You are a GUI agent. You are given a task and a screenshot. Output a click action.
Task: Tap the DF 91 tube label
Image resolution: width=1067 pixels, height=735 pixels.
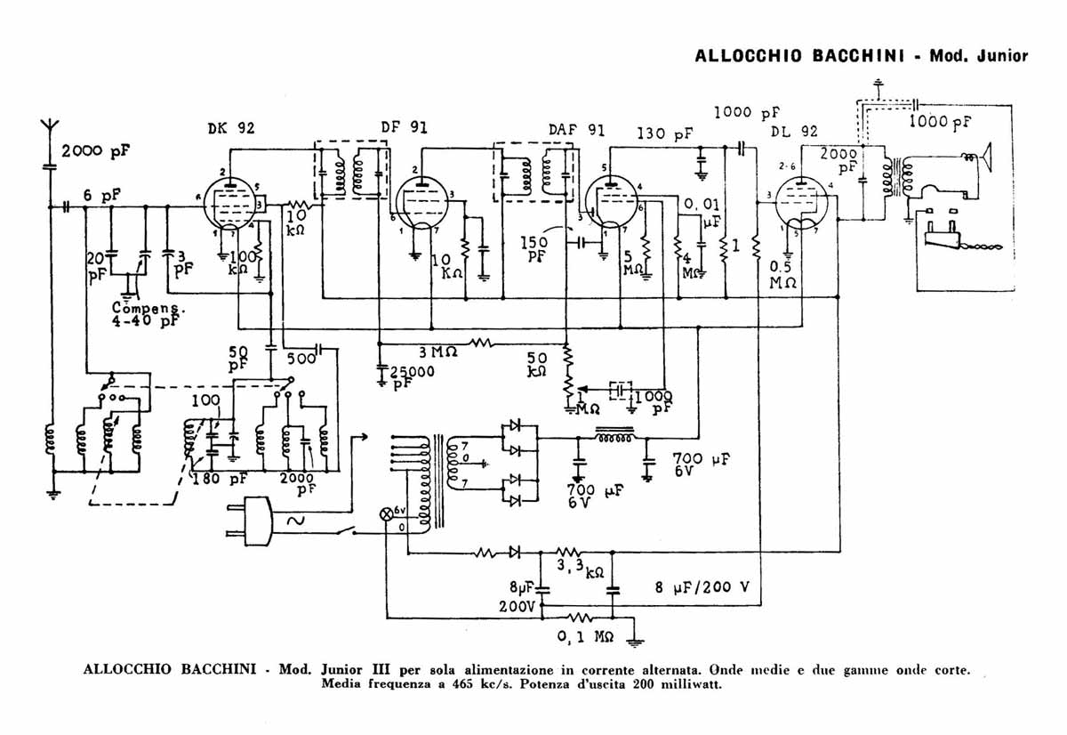pyautogui.click(x=404, y=127)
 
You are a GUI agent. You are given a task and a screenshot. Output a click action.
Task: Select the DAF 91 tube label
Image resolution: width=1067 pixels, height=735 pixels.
pyautogui.click(x=576, y=130)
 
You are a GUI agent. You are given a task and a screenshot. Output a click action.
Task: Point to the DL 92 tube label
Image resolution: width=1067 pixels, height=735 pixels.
pyautogui.click(x=793, y=131)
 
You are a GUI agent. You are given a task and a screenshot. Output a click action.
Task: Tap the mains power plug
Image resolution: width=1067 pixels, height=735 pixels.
pyautogui.click(x=253, y=521)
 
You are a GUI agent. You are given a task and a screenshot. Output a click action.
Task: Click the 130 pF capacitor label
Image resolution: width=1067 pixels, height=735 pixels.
pyautogui.click(x=664, y=134)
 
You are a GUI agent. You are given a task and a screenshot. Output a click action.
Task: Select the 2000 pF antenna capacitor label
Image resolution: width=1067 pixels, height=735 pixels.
pyautogui.click(x=94, y=151)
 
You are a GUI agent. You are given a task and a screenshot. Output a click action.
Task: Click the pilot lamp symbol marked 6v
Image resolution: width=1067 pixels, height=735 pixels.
pyautogui.click(x=387, y=514)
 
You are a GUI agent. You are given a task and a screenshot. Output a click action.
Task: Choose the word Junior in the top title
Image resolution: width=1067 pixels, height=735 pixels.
pyautogui.click(x=1003, y=55)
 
